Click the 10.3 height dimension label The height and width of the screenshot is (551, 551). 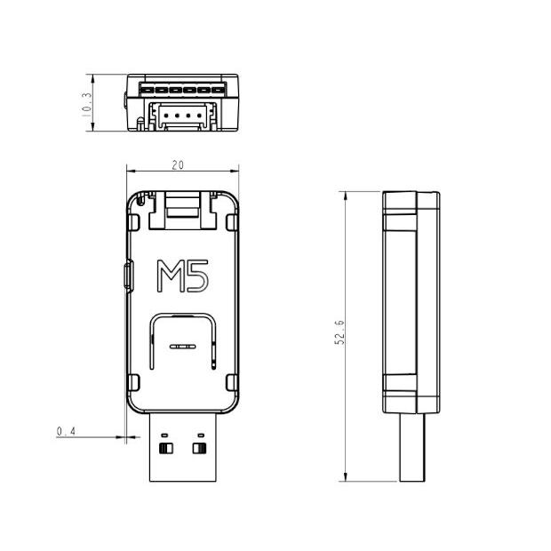[x=86, y=105]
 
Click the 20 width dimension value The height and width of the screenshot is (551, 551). [x=178, y=165]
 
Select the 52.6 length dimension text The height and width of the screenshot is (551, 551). [x=339, y=332]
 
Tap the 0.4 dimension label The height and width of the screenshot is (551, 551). [x=66, y=431]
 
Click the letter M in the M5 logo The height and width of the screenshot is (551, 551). [x=170, y=275]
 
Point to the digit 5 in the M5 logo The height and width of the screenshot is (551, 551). [x=197, y=275]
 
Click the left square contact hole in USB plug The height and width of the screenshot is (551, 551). [x=166, y=449]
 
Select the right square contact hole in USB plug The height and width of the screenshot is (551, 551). [x=199, y=449]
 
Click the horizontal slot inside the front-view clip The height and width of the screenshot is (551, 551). [x=183, y=347]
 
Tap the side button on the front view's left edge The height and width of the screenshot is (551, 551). [x=129, y=276]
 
